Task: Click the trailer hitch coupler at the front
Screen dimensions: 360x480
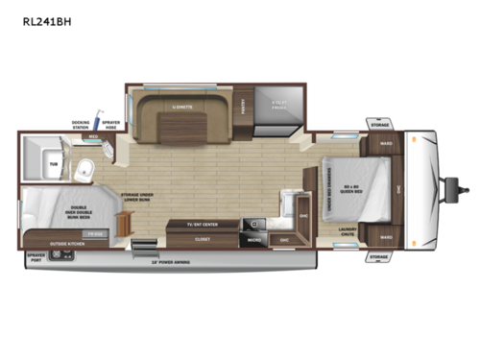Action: pyautogui.click(x=447, y=182)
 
